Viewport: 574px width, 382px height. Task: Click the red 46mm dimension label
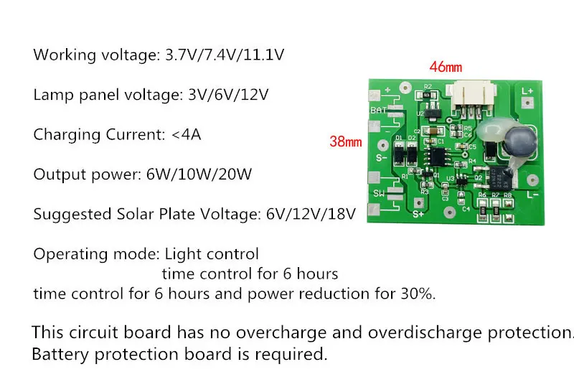[x=446, y=67]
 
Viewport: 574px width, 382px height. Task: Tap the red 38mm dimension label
[x=345, y=141]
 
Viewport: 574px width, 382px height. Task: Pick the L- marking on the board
[x=532, y=194]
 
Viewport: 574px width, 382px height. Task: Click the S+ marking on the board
[x=419, y=213]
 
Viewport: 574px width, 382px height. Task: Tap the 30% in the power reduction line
[x=415, y=294]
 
